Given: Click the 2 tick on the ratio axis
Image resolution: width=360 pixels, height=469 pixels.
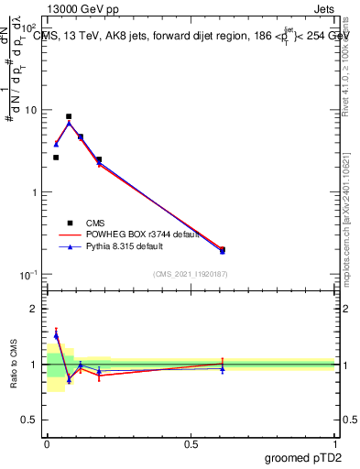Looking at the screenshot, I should [x=36, y=309].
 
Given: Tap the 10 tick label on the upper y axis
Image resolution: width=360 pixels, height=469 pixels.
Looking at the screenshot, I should [x=30, y=110].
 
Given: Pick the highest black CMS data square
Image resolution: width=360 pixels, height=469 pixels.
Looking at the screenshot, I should [x=69, y=117].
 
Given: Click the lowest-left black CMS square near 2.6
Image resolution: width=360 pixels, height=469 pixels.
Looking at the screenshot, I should [x=56, y=158].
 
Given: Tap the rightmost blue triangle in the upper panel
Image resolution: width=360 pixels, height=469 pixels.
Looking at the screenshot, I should [x=222, y=251].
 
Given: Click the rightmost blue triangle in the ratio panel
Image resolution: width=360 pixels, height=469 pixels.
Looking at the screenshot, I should [x=222, y=368].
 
